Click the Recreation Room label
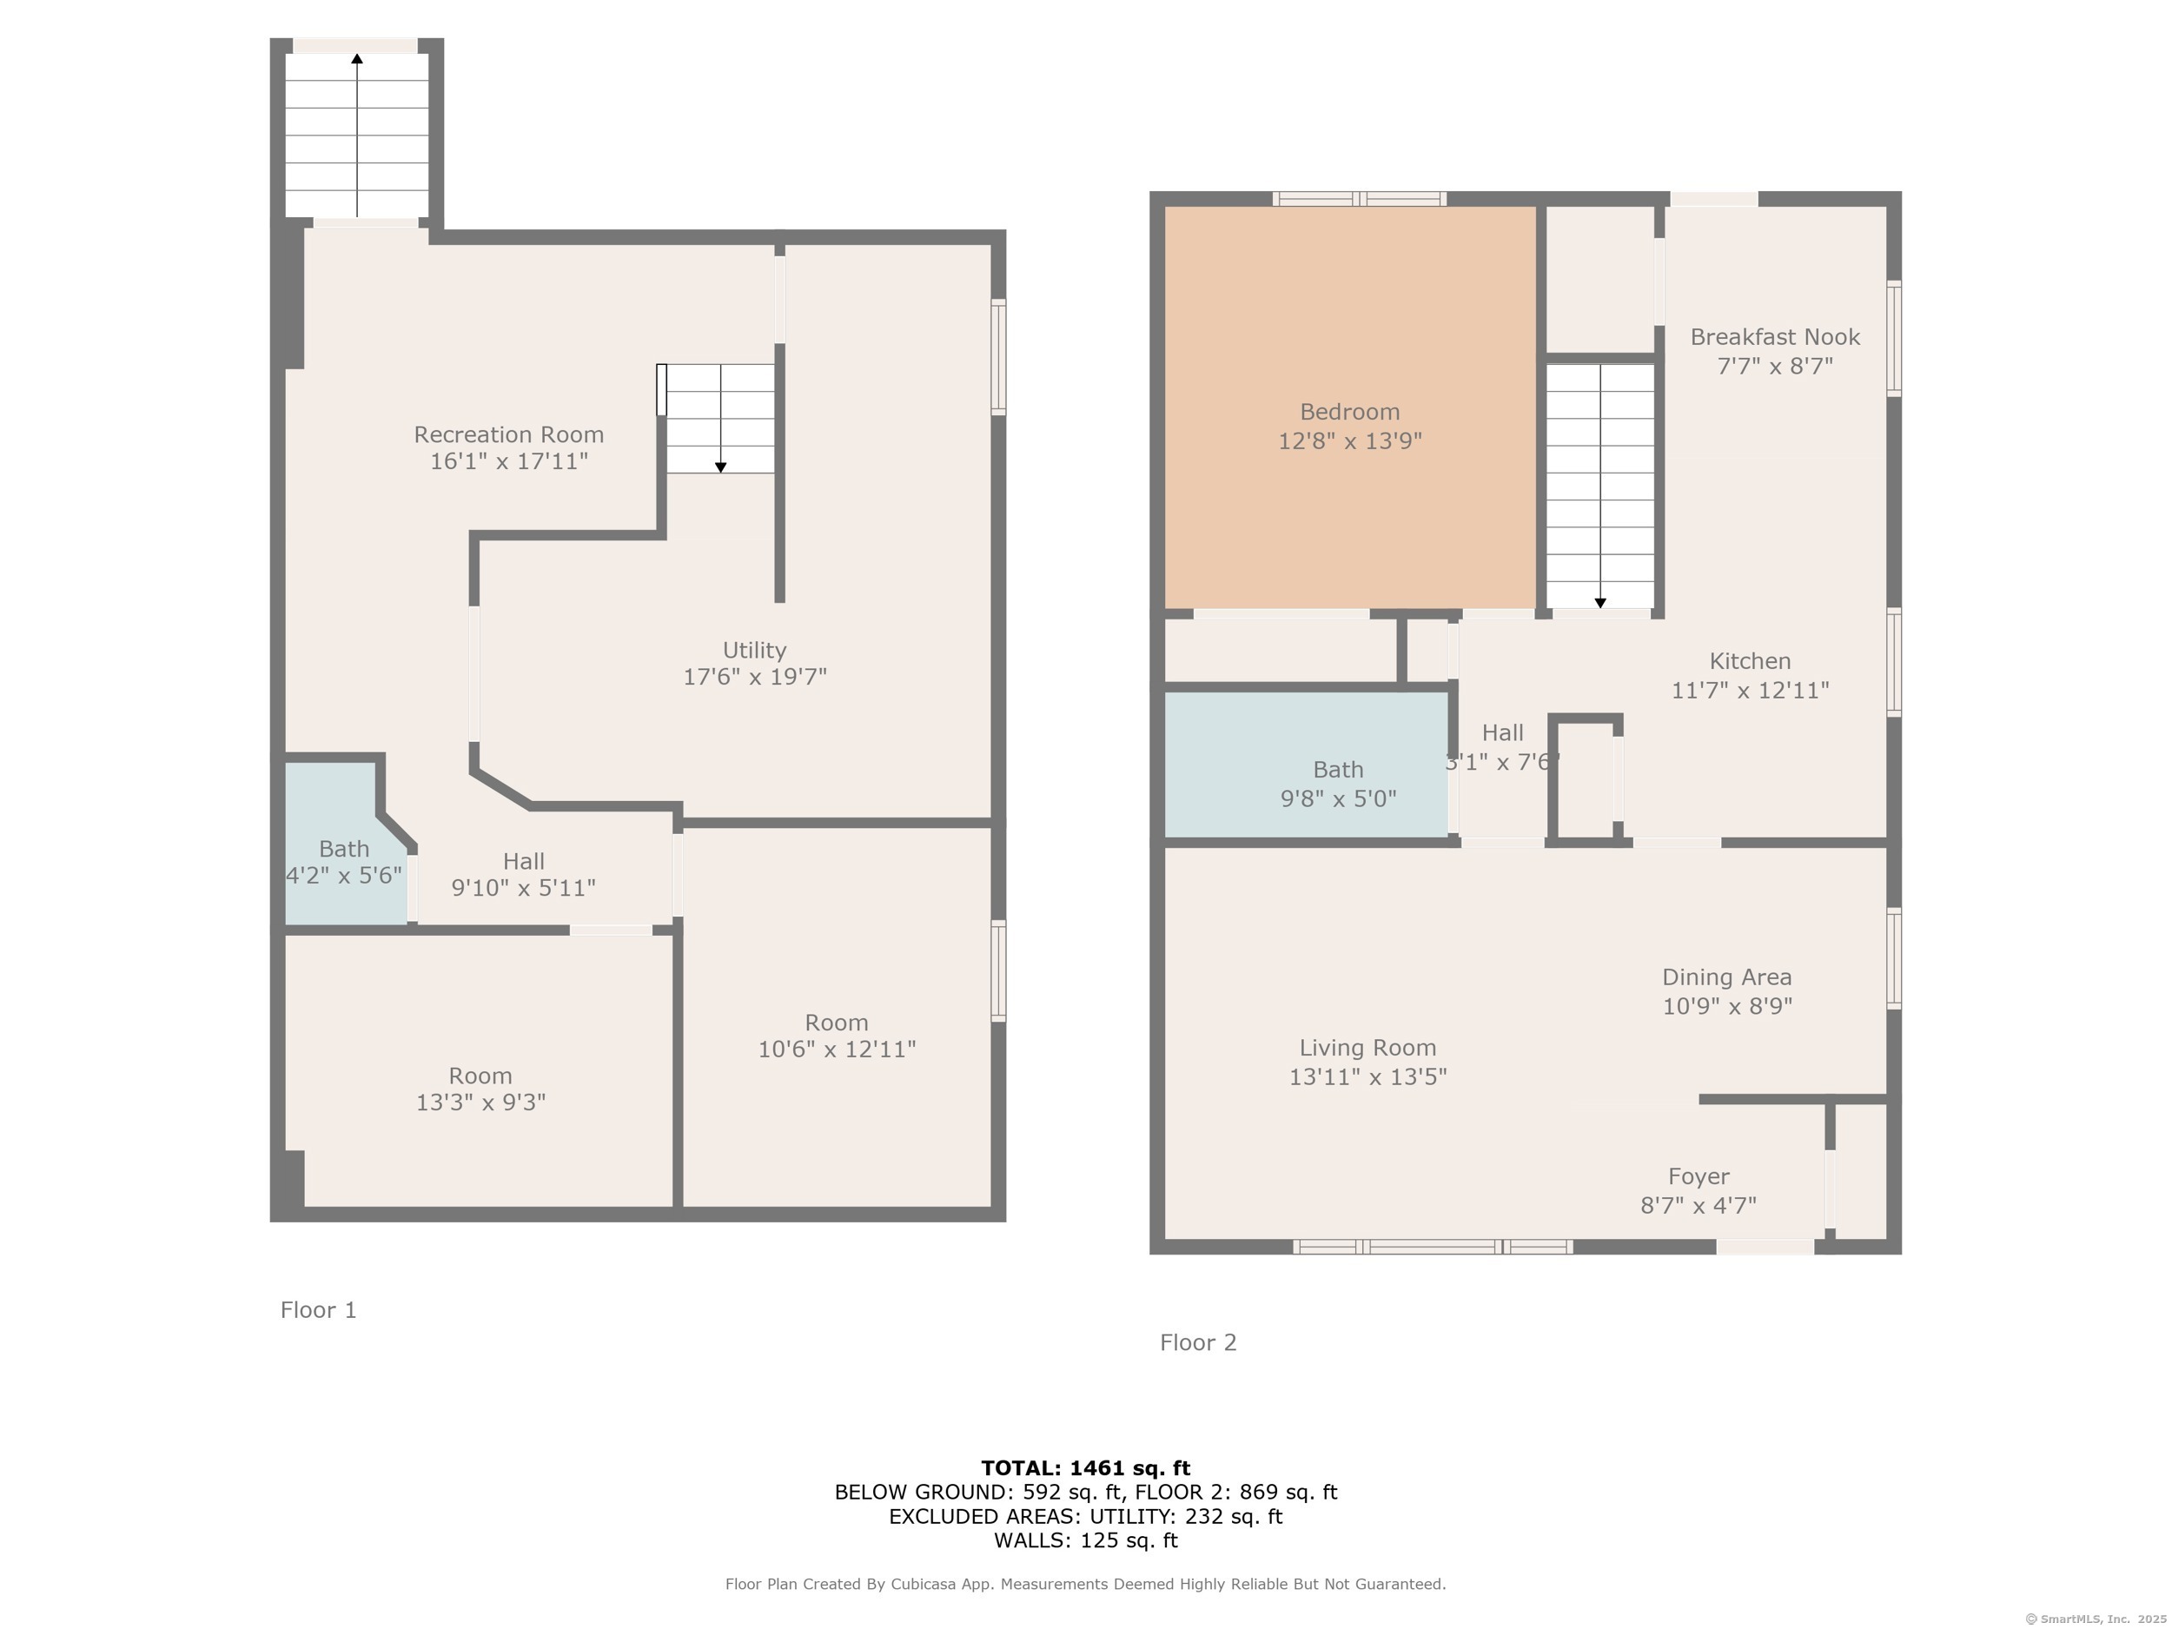point(508,434)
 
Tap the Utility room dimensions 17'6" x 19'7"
point(755,677)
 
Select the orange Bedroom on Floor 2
point(1350,407)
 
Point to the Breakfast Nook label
point(1775,337)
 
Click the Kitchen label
point(1750,661)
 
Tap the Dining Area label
point(1727,977)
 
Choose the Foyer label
point(1699,1176)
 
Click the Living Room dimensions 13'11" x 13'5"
point(1367,1076)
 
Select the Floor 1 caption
point(318,1310)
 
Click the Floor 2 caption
point(1198,1342)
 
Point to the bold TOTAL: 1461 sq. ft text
point(1086,1468)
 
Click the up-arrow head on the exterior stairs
point(357,59)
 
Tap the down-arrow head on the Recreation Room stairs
point(721,467)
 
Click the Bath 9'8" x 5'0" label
point(1338,784)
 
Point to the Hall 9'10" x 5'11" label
point(523,874)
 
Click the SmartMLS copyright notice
point(2096,1619)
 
